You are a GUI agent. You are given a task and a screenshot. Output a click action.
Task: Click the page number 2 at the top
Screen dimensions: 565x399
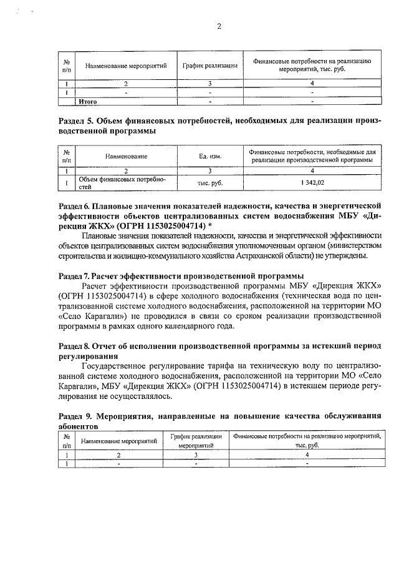coord(219,26)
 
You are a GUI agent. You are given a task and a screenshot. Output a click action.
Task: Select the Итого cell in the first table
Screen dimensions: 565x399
coord(87,100)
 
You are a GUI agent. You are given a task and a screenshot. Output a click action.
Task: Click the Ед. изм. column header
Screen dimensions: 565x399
coord(210,156)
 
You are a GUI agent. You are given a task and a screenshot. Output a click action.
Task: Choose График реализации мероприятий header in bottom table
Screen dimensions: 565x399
coord(195,441)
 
